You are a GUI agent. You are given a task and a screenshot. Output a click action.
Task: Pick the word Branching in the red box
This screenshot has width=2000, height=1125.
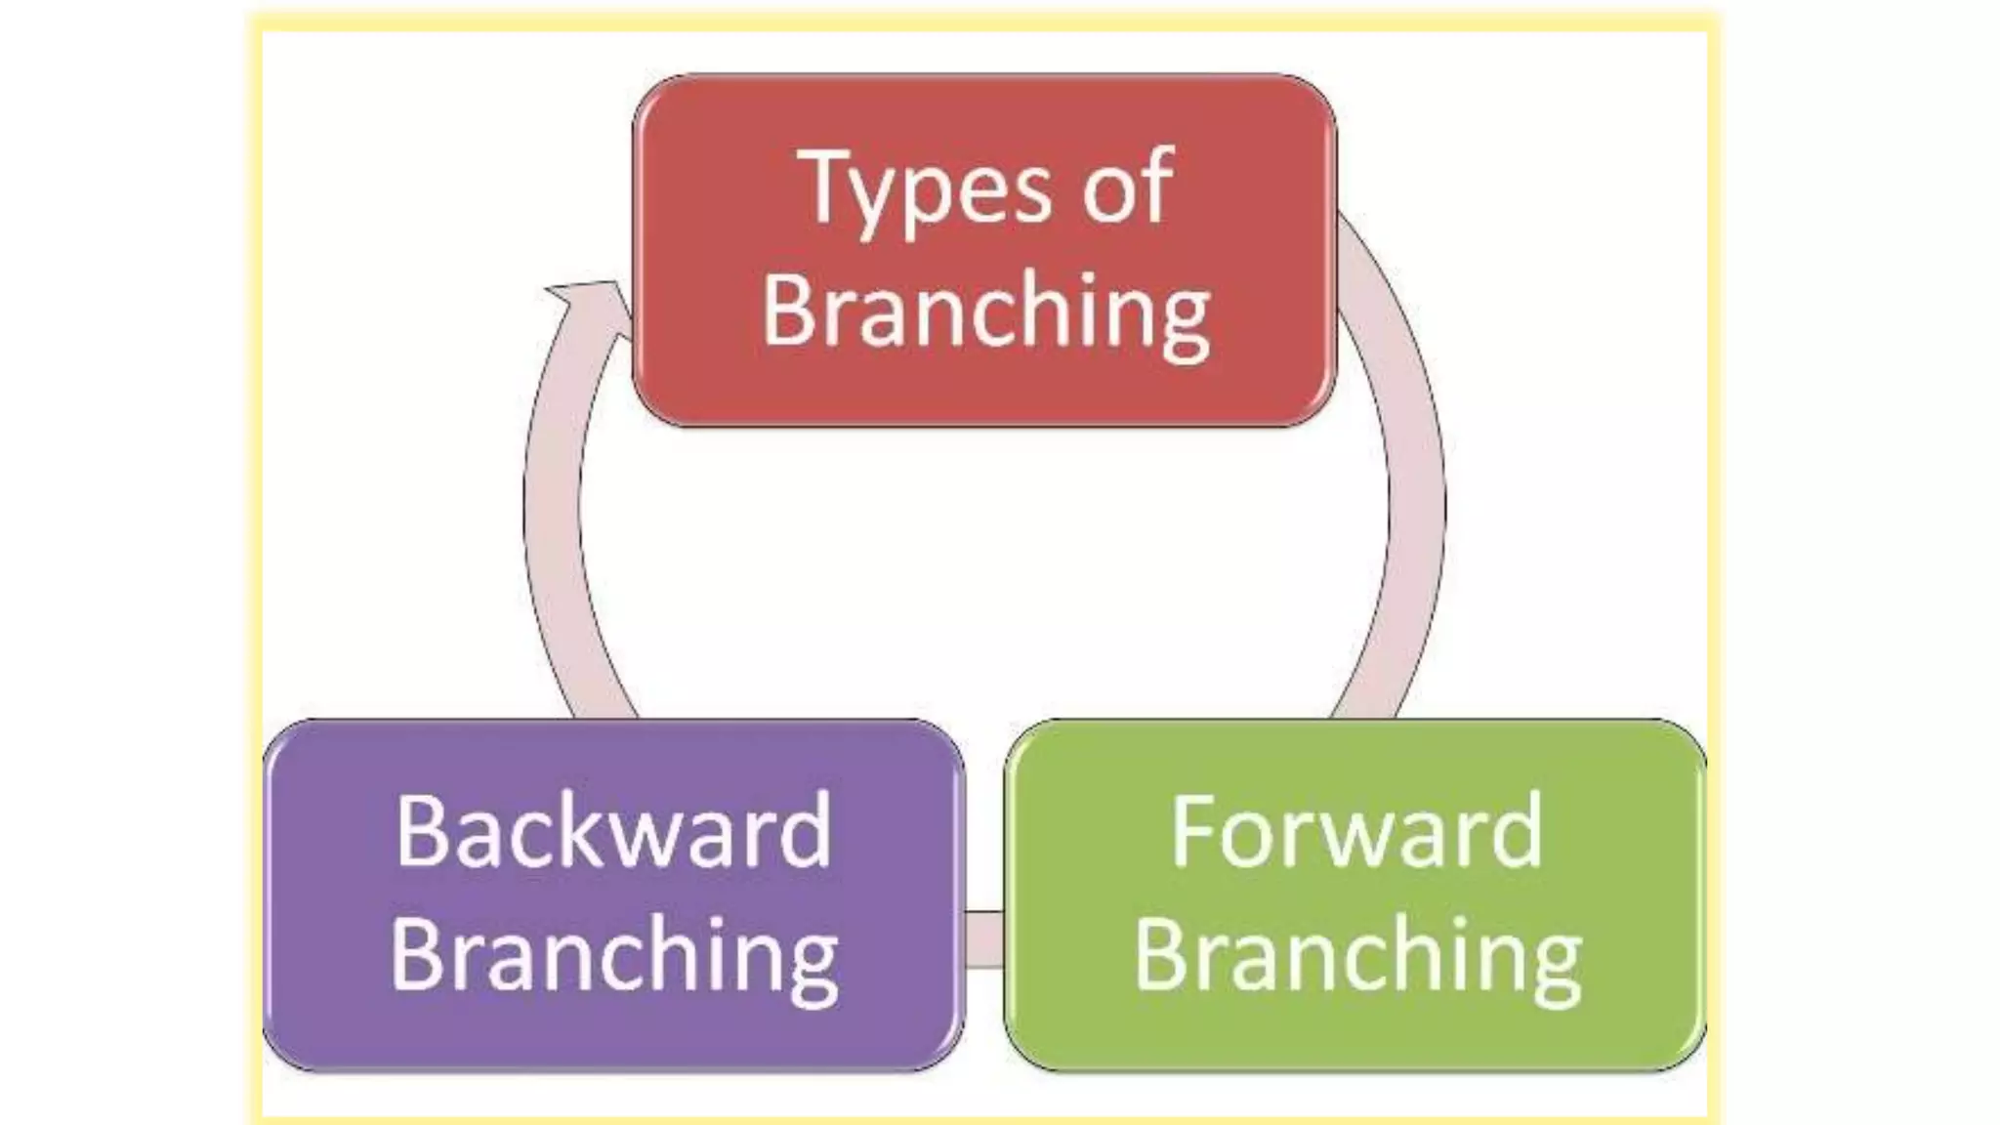click(984, 311)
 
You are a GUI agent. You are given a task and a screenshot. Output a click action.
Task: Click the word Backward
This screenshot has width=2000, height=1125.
click(613, 832)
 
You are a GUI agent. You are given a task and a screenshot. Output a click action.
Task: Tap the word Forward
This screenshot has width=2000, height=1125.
click(1355, 832)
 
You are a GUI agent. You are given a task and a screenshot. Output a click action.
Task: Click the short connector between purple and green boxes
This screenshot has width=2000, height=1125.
click(984, 939)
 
